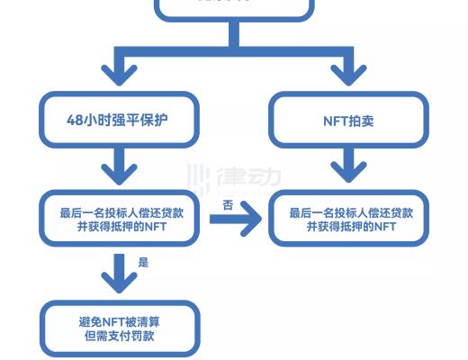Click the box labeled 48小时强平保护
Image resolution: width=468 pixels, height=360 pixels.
[x=119, y=121]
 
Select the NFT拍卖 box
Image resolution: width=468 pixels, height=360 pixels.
[x=349, y=121]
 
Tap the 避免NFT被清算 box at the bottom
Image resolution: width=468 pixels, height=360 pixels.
[x=119, y=328]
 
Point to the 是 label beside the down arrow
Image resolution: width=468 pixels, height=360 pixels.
[x=143, y=263]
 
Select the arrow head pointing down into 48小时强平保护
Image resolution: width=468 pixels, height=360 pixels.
[x=119, y=72]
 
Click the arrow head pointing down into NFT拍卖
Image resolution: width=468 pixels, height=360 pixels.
[x=349, y=72]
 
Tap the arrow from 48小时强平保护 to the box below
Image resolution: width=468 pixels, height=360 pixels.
[x=119, y=167]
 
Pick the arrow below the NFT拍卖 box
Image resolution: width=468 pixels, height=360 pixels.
[x=349, y=167]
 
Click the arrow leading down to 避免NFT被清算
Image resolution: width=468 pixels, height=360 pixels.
[x=119, y=274]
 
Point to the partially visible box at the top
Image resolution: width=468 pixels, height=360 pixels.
[x=234, y=7]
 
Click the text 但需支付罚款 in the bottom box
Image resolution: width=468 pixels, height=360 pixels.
[x=119, y=336]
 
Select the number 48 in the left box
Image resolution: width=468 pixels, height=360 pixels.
[x=76, y=121]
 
